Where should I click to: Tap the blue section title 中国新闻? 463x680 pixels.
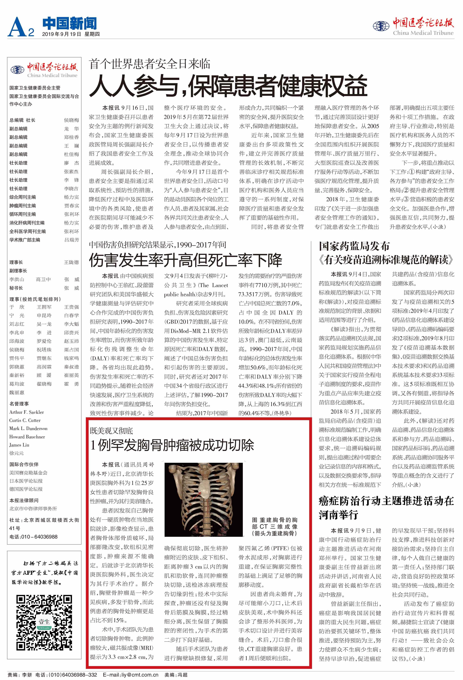tap(69, 23)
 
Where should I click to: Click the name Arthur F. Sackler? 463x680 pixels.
tap(27, 412)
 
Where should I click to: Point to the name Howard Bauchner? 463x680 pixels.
tap(27, 437)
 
